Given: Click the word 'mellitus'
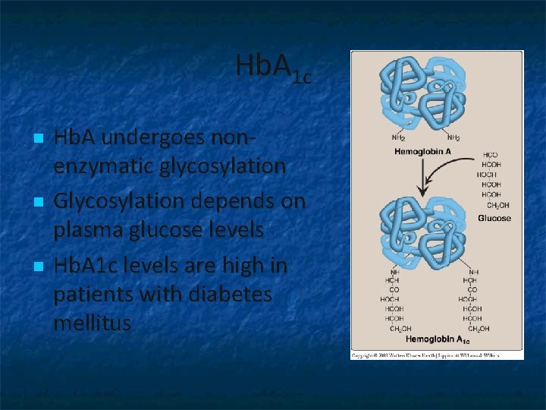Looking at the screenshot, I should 93,322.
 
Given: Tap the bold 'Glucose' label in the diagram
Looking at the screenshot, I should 494,218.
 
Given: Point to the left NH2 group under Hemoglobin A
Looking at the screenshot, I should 398,138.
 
